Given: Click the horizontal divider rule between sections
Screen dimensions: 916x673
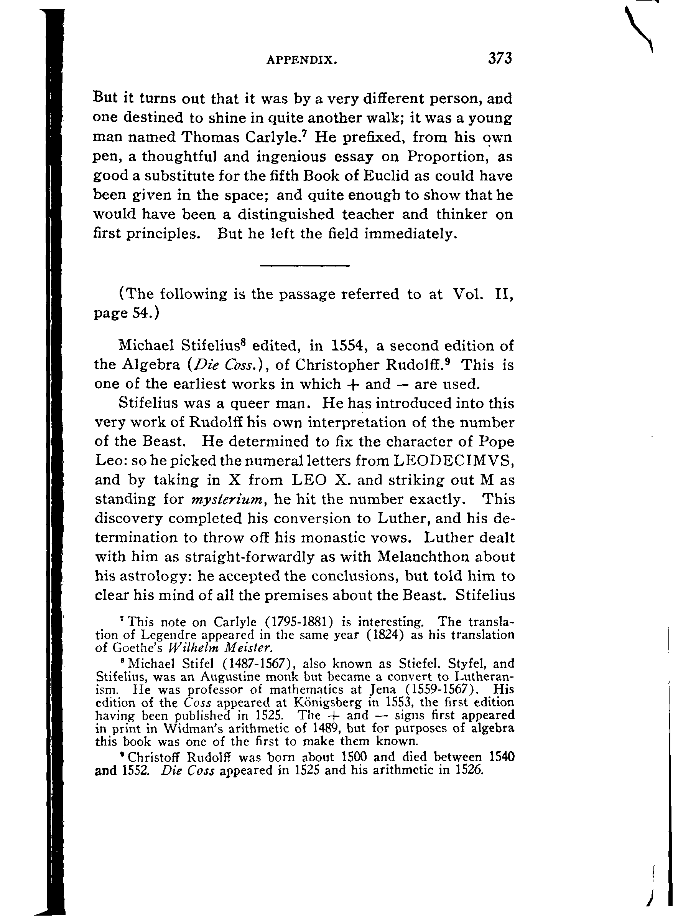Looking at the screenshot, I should pyautogui.click(x=305, y=266).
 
